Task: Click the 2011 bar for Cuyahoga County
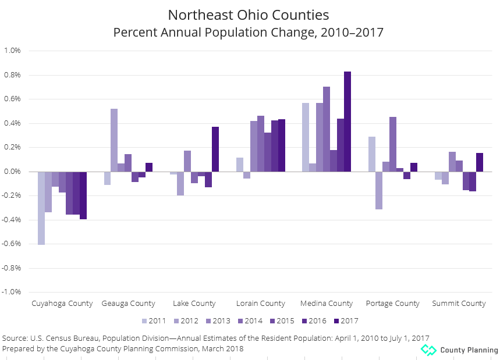[41, 208]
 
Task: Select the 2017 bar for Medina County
[347, 122]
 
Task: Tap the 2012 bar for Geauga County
[114, 140]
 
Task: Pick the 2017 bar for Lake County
[215, 149]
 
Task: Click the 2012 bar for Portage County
[379, 190]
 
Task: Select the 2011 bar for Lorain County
[239, 165]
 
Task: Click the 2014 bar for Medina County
[327, 129]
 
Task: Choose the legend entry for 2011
[154, 320]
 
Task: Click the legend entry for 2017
[346, 320]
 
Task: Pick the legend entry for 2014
[250, 320]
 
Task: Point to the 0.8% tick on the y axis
[12, 75]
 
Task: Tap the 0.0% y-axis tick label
[12, 172]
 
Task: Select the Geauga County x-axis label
[128, 303]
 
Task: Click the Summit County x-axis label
[459, 303]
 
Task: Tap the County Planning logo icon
[428, 350]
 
